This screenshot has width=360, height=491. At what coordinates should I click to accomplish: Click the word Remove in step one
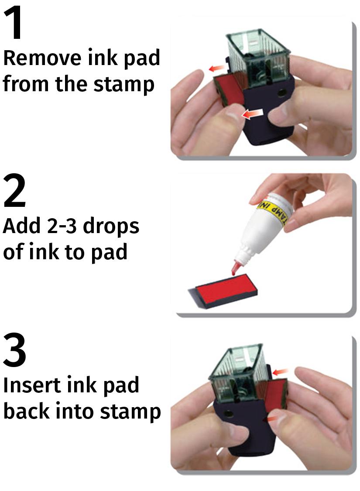click(42, 58)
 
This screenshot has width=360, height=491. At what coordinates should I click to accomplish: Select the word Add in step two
click(21, 226)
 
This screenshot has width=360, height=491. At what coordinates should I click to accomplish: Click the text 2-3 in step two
click(65, 226)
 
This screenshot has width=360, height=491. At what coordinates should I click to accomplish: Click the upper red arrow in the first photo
click(217, 68)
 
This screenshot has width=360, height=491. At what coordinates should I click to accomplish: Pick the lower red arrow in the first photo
click(252, 114)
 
